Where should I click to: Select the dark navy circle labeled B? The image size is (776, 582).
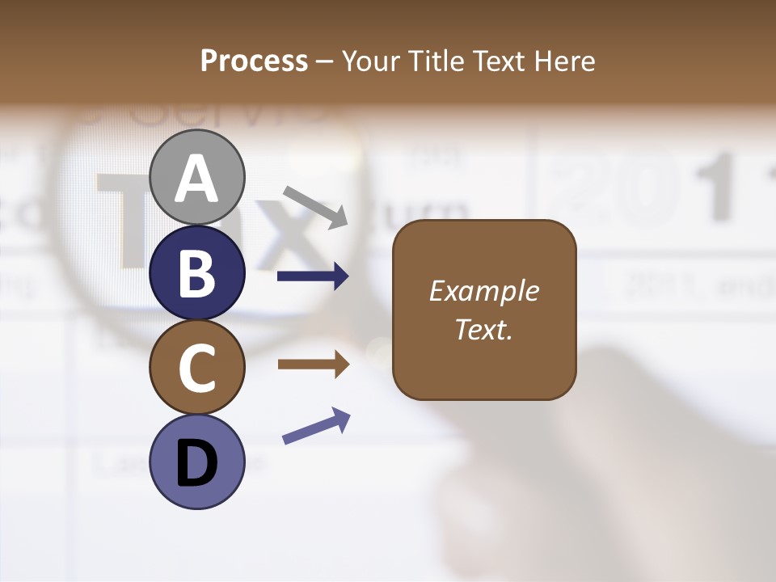coord(197,273)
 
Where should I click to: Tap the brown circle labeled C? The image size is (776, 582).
coord(197,368)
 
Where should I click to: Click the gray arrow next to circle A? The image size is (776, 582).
coord(315,206)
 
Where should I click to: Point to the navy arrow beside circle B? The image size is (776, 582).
coord(313,276)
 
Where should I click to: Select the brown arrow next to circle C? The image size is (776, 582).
coord(313,365)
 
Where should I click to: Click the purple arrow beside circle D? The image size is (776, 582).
coord(316,426)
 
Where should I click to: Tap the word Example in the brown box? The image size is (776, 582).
coord(483,291)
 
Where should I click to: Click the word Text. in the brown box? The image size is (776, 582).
coord(483,329)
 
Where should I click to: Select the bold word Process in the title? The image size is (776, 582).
coord(254,61)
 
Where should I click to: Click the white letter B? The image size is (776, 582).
coord(197,273)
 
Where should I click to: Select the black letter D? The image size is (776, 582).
coord(197,466)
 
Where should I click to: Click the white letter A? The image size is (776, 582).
coord(197,179)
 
